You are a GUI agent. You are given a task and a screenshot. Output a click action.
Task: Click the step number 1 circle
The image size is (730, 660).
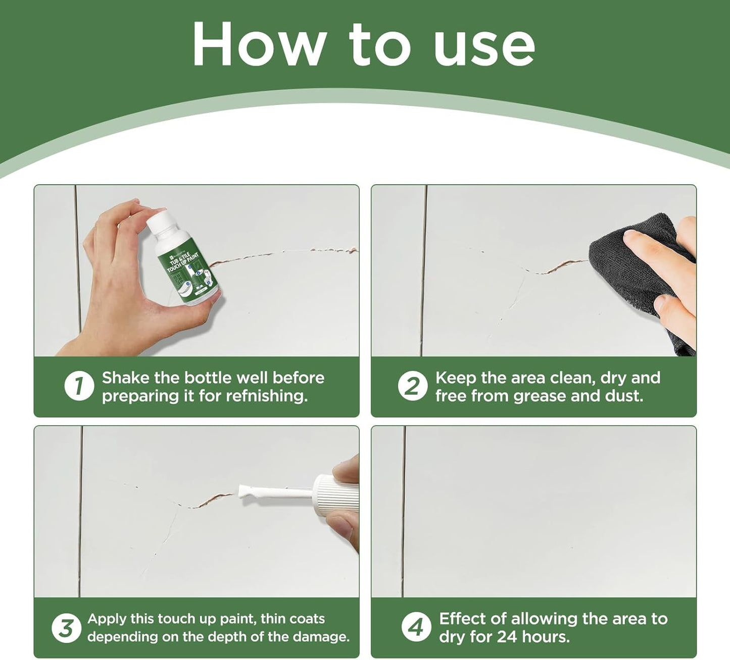(79, 387)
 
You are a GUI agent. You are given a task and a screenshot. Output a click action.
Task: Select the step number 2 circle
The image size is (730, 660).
(412, 387)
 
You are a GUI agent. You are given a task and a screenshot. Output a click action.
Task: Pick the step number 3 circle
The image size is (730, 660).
(66, 628)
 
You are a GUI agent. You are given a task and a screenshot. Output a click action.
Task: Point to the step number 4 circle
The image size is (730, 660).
(416, 628)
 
